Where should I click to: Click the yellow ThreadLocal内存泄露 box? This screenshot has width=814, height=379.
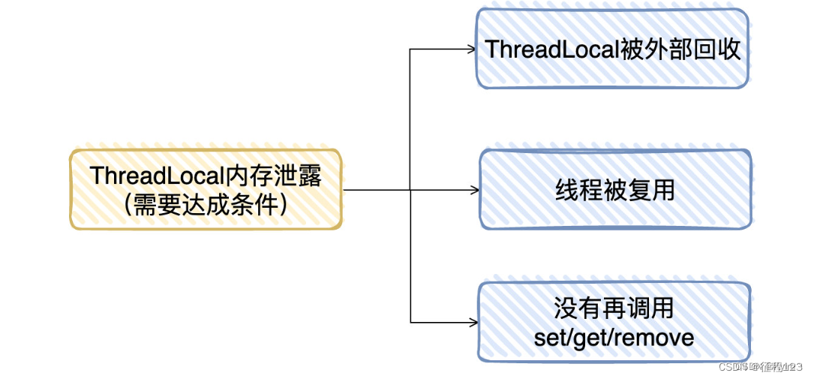(206, 189)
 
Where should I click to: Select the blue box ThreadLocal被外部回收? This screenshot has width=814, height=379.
(612, 50)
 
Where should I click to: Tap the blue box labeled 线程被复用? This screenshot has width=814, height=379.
(615, 189)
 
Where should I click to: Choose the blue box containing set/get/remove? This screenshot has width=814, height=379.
(614, 322)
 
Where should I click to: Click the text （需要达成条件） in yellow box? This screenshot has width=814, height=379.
(206, 203)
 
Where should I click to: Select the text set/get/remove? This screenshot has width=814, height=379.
(614, 337)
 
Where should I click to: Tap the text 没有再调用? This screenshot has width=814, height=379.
(614, 308)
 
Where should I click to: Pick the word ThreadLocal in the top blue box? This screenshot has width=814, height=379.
(552, 50)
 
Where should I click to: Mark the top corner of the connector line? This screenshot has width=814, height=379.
(410, 50)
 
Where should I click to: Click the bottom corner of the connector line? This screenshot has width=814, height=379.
(410, 322)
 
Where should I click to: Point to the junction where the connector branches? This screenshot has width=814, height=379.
(410, 190)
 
